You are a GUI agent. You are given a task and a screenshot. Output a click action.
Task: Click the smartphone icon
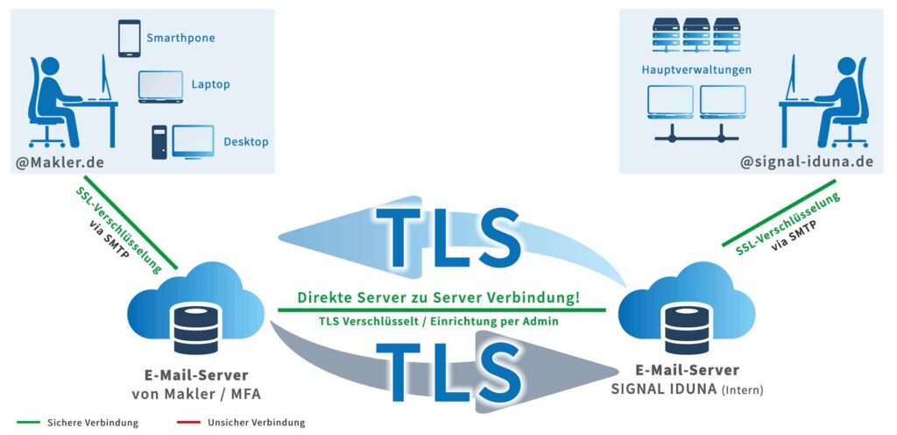tap(130, 39)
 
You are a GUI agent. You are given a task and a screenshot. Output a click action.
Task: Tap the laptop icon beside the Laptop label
tap(161, 87)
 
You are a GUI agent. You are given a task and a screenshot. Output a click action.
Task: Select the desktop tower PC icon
tap(159, 142)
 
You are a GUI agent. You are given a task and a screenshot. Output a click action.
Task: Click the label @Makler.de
tap(60, 162)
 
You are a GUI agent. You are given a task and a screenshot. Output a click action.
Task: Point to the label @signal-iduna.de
tap(807, 162)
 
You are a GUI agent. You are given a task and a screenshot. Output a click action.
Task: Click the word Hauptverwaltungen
tap(696, 70)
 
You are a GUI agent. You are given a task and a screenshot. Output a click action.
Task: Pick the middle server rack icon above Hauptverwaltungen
tap(696, 35)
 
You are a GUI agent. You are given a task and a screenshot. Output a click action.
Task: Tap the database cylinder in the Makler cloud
tap(196, 329)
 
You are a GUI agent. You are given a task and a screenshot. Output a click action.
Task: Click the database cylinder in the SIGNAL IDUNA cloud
tap(687, 329)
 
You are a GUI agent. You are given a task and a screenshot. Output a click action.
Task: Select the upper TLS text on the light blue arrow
tap(448, 238)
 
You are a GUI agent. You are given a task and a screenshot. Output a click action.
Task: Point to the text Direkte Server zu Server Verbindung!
tap(440, 297)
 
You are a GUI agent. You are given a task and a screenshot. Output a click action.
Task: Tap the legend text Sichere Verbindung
tap(93, 424)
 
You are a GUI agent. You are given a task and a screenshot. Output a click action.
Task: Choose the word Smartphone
tap(180, 39)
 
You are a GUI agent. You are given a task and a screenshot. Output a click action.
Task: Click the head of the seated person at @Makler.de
tap(50, 65)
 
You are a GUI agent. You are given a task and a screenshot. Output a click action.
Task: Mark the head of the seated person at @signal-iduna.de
tap(846, 65)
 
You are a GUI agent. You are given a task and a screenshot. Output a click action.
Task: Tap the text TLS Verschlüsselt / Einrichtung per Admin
tap(439, 322)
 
